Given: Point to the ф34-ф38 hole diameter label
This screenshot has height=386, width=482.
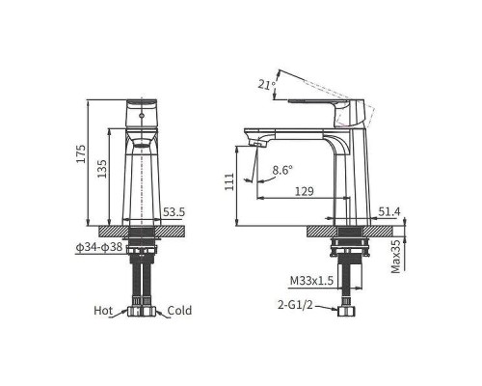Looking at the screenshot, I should coord(98,247).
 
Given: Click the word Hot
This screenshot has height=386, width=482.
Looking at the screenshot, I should coord(104,311).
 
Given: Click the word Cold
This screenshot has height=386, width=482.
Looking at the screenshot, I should coord(180,311).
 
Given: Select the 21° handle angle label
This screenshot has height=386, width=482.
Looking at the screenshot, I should coord(266,86).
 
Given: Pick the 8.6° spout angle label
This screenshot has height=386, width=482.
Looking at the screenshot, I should coord(282,171).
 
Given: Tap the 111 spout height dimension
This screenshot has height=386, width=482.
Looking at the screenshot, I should coord(229,183).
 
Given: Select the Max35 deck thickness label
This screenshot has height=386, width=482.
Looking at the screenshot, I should coord(396,255).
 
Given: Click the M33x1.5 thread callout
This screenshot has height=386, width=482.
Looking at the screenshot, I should coord(310,281).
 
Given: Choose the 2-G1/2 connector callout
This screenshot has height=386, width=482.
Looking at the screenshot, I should coord(295,305).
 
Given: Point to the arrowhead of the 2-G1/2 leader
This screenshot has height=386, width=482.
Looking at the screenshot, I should coord(334,309).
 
